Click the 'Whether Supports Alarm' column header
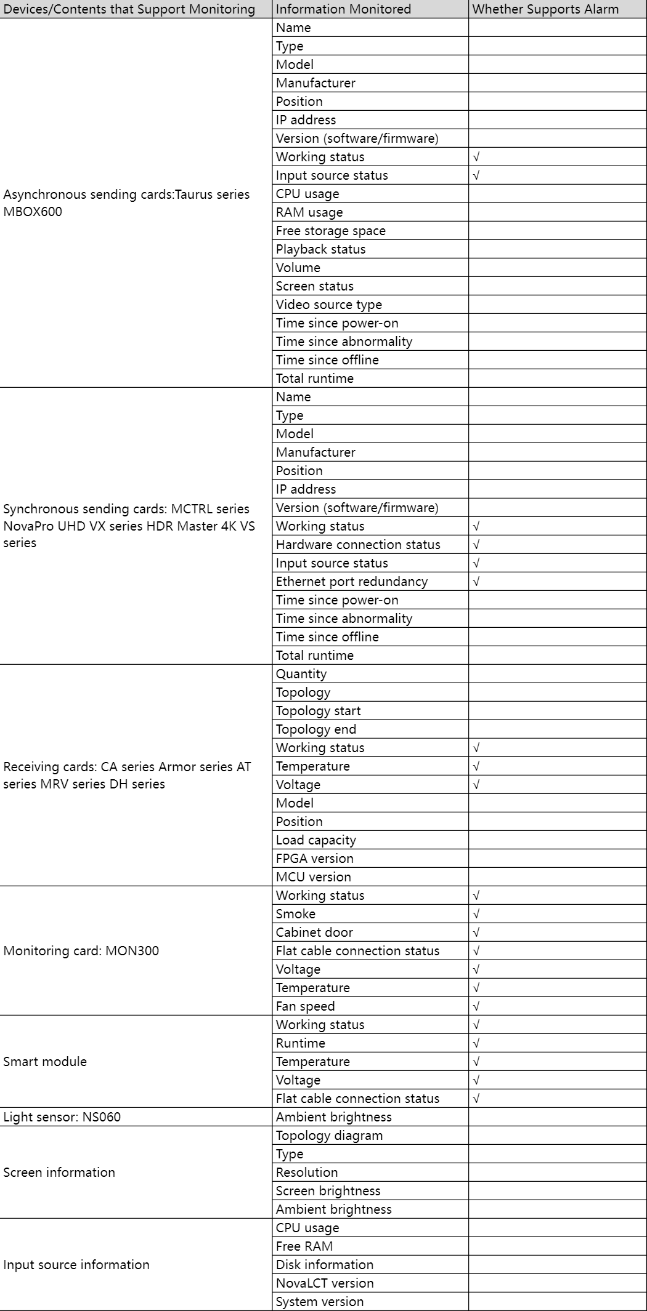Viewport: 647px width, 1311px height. pos(545,9)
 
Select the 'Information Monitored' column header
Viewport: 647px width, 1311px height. pos(343,9)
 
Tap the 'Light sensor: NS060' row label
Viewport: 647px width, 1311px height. pos(62,1117)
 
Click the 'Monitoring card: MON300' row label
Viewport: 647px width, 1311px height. pos(81,950)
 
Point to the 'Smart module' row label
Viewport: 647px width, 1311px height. pos(45,1061)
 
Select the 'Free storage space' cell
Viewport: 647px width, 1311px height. pos(331,231)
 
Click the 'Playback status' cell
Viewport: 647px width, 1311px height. pos(321,249)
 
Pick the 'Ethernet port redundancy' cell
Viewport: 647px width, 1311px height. pos(352,582)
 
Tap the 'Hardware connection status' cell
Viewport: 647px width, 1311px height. pos(358,545)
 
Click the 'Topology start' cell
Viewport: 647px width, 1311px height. pos(319,711)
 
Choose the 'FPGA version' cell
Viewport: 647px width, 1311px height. pos(315,859)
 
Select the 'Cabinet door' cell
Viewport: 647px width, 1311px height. pos(314,932)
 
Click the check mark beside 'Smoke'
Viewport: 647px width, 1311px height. pos(476,914)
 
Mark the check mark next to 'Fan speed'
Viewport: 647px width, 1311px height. pos(476,1006)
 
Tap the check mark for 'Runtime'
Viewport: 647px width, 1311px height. pos(476,1043)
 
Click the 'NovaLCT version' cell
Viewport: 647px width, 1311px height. pos(325,1283)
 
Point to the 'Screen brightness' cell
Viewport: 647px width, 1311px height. pos(328,1191)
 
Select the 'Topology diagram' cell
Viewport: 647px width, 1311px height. pos(329,1136)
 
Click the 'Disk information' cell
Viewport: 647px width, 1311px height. pos(325,1265)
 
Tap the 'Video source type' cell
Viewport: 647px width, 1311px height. pos(329,305)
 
